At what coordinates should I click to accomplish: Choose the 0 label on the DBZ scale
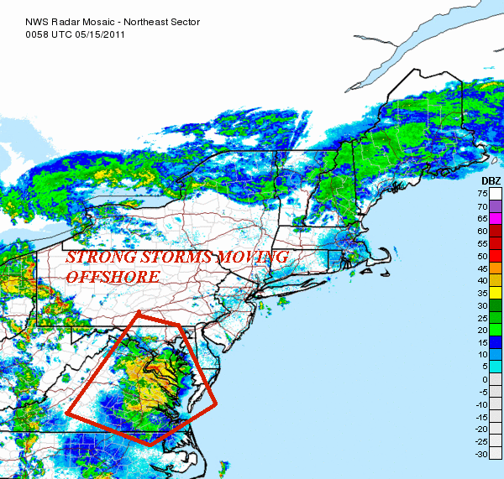point(485,379)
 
